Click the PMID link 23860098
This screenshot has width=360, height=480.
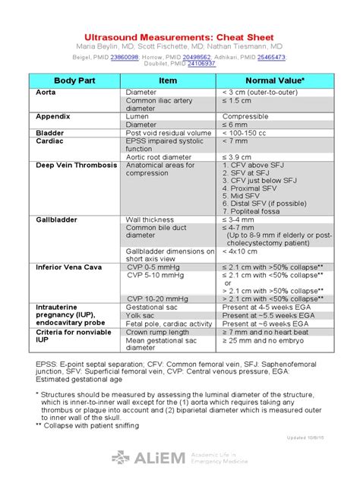click(x=125, y=57)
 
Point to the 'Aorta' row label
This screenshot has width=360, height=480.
click(x=46, y=92)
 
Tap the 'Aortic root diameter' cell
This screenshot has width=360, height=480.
click(x=159, y=156)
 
